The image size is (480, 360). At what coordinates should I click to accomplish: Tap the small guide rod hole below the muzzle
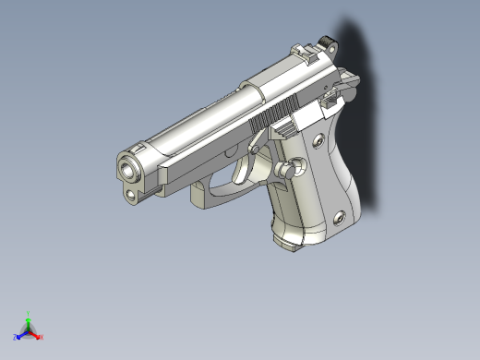point(133,194)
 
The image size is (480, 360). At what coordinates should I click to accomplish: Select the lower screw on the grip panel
point(339,217)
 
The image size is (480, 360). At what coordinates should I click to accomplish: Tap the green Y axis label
point(29,314)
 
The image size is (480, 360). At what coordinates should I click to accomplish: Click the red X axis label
point(42,337)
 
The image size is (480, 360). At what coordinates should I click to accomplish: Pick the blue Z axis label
point(16,337)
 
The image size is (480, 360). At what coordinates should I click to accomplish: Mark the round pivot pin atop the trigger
point(254,148)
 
